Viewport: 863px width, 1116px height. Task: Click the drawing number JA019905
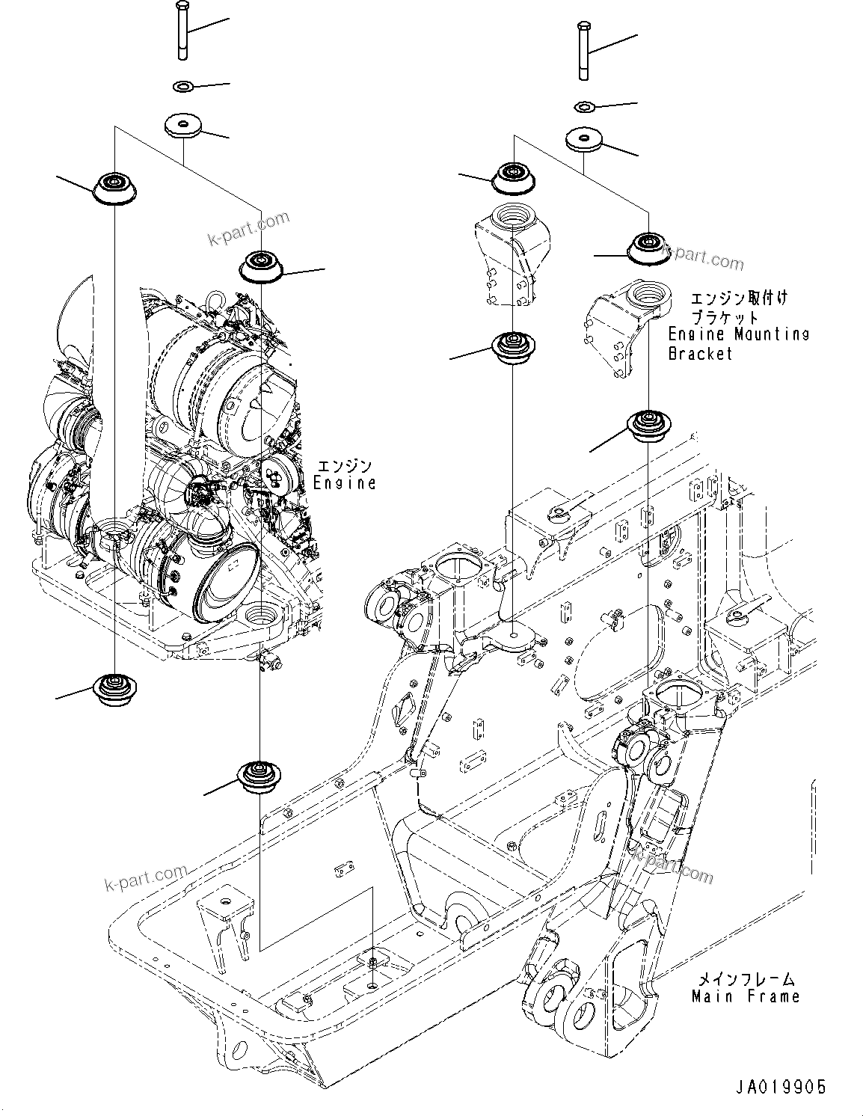[780, 1087]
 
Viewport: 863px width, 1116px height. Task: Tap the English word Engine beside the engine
[345, 483]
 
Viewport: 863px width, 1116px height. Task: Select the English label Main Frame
[745, 996]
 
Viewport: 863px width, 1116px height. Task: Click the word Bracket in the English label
[701, 353]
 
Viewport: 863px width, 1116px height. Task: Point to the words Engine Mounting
[738, 334]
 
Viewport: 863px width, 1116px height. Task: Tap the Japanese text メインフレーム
[746, 978]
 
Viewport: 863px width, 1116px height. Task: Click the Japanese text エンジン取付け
[738, 298]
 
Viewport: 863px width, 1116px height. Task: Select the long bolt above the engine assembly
[182, 31]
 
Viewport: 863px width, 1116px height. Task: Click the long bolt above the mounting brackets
[584, 51]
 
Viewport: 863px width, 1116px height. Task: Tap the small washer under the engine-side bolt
[182, 88]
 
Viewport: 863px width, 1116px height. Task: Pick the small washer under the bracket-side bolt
[584, 107]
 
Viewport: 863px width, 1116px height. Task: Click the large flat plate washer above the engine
[182, 125]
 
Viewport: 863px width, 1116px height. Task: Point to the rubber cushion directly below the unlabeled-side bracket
[512, 348]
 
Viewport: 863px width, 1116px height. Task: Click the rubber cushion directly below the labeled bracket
[647, 427]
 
